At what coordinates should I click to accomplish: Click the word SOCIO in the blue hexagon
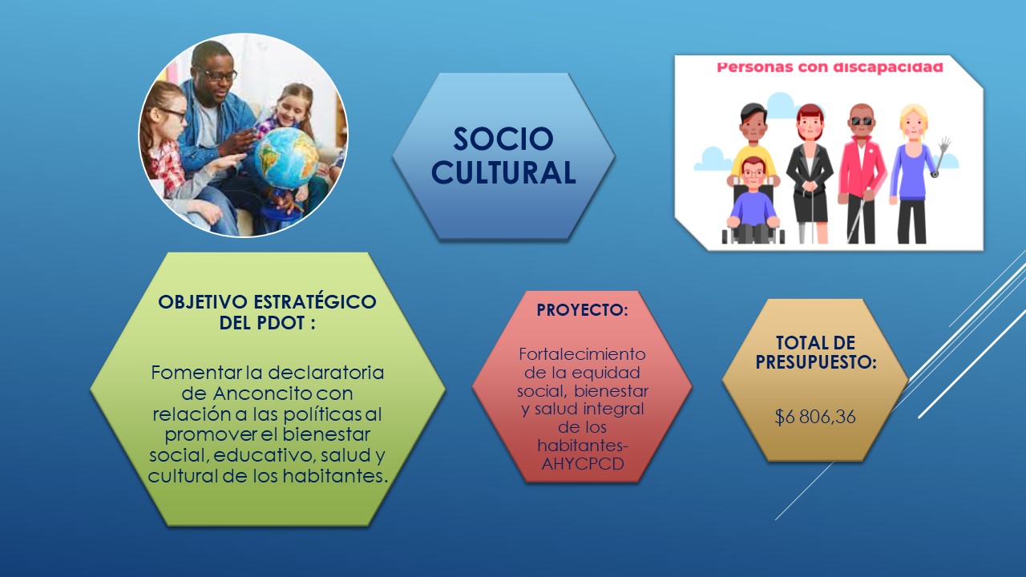click(503, 139)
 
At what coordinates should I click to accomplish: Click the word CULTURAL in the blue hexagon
click(503, 172)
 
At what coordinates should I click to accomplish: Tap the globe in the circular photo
click(286, 158)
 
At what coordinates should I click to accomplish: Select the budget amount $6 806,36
click(815, 418)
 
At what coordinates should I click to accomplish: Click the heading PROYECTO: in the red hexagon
click(582, 310)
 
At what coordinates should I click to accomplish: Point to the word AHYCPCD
click(583, 464)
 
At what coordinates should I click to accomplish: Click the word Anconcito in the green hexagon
click(262, 393)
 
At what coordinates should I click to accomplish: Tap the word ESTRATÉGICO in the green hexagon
click(315, 302)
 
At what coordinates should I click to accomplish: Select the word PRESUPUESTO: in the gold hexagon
click(816, 362)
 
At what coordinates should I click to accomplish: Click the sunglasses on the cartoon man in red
click(862, 121)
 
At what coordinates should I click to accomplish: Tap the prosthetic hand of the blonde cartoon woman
click(943, 146)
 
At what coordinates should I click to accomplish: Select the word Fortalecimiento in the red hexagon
click(582, 354)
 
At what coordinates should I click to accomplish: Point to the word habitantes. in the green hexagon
click(335, 476)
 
